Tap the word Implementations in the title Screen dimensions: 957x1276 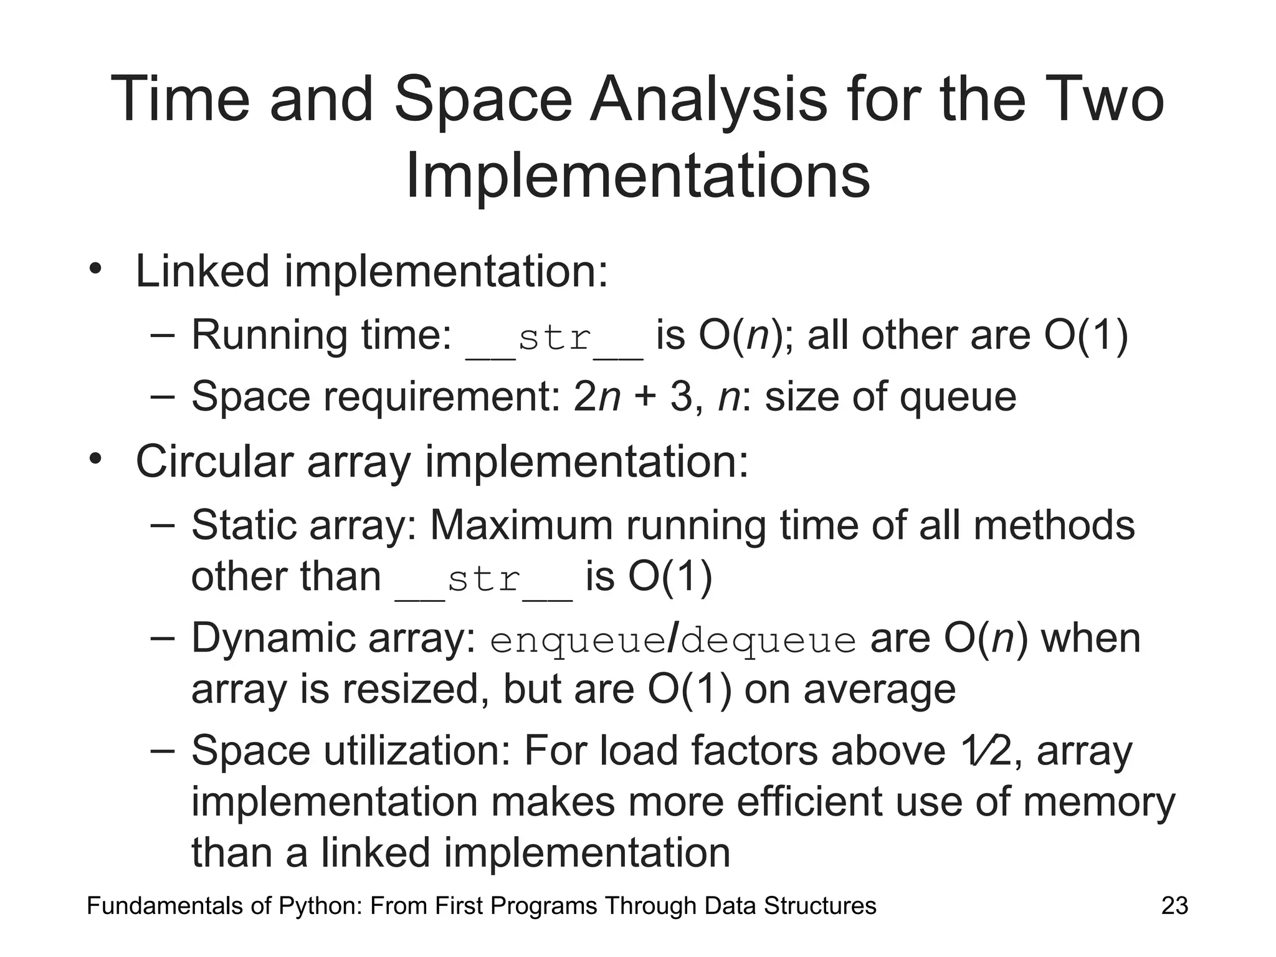coord(637,176)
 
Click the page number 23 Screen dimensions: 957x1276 coord(1174,906)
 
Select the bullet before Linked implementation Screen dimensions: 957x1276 coord(95,270)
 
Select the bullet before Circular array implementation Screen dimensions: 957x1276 coord(95,460)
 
